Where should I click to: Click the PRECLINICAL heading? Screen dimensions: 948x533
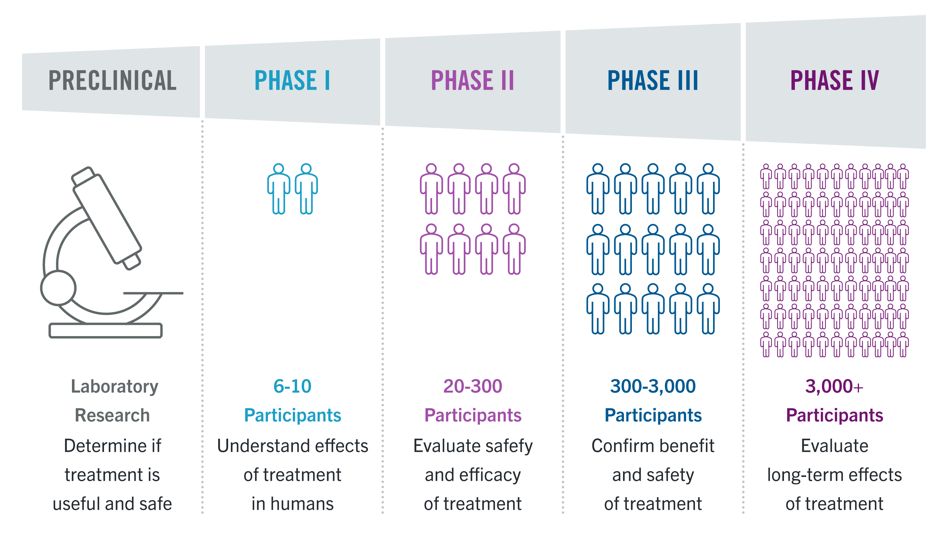(x=112, y=80)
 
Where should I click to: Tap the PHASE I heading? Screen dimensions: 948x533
(x=292, y=80)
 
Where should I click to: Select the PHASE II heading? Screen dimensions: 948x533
(x=473, y=80)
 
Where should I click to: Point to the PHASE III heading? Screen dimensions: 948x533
(x=653, y=80)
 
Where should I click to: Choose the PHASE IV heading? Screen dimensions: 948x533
(x=835, y=80)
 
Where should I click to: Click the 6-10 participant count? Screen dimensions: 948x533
(x=292, y=386)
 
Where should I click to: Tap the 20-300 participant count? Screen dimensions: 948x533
(x=473, y=386)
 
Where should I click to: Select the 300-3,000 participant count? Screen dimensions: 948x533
(x=653, y=386)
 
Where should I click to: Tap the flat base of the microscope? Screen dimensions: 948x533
(x=106, y=330)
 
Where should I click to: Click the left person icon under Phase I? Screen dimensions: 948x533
(x=279, y=189)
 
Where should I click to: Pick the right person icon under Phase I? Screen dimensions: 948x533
(x=306, y=189)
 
